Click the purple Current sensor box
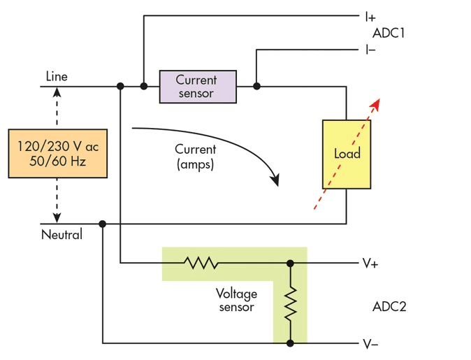(x=198, y=87)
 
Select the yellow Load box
(x=347, y=154)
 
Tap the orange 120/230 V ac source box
(x=58, y=154)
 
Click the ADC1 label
(x=389, y=33)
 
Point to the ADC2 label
(x=389, y=307)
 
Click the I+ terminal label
(x=370, y=17)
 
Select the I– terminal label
(x=370, y=50)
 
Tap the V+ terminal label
(x=370, y=264)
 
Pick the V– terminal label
(x=370, y=344)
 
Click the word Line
(x=57, y=76)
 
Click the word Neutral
(x=61, y=234)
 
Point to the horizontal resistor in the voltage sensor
(x=201, y=263)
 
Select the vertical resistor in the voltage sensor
(x=291, y=303)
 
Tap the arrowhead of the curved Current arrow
(x=275, y=180)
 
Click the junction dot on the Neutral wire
(x=103, y=224)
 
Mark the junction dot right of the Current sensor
(x=256, y=86)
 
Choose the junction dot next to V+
(x=290, y=264)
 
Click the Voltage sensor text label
(x=236, y=300)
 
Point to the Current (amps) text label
(x=195, y=157)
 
